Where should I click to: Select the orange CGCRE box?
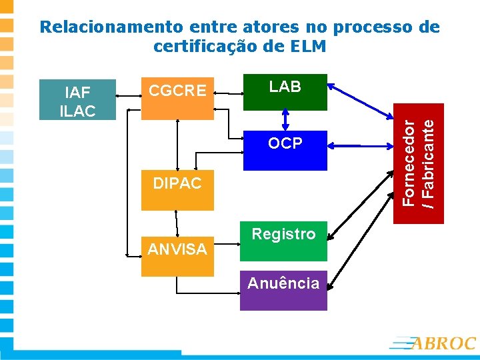click(177, 97)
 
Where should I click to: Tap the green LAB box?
click(285, 91)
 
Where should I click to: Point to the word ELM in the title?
click(309, 47)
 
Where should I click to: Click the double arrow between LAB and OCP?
click(285, 119)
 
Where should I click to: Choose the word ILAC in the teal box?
click(77, 111)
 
